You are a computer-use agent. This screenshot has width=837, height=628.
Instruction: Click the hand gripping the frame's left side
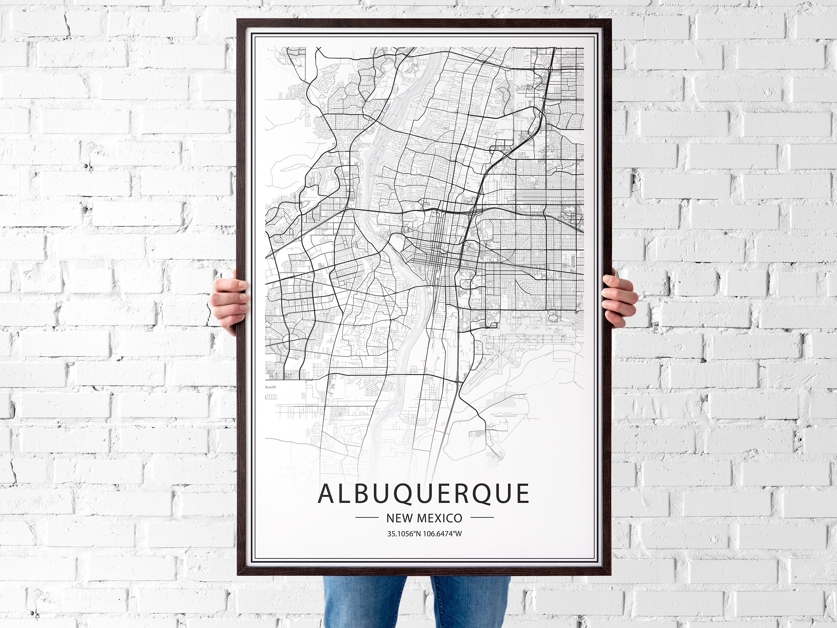coord(229,303)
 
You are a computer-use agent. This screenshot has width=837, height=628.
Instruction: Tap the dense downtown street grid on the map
coord(435,257)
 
